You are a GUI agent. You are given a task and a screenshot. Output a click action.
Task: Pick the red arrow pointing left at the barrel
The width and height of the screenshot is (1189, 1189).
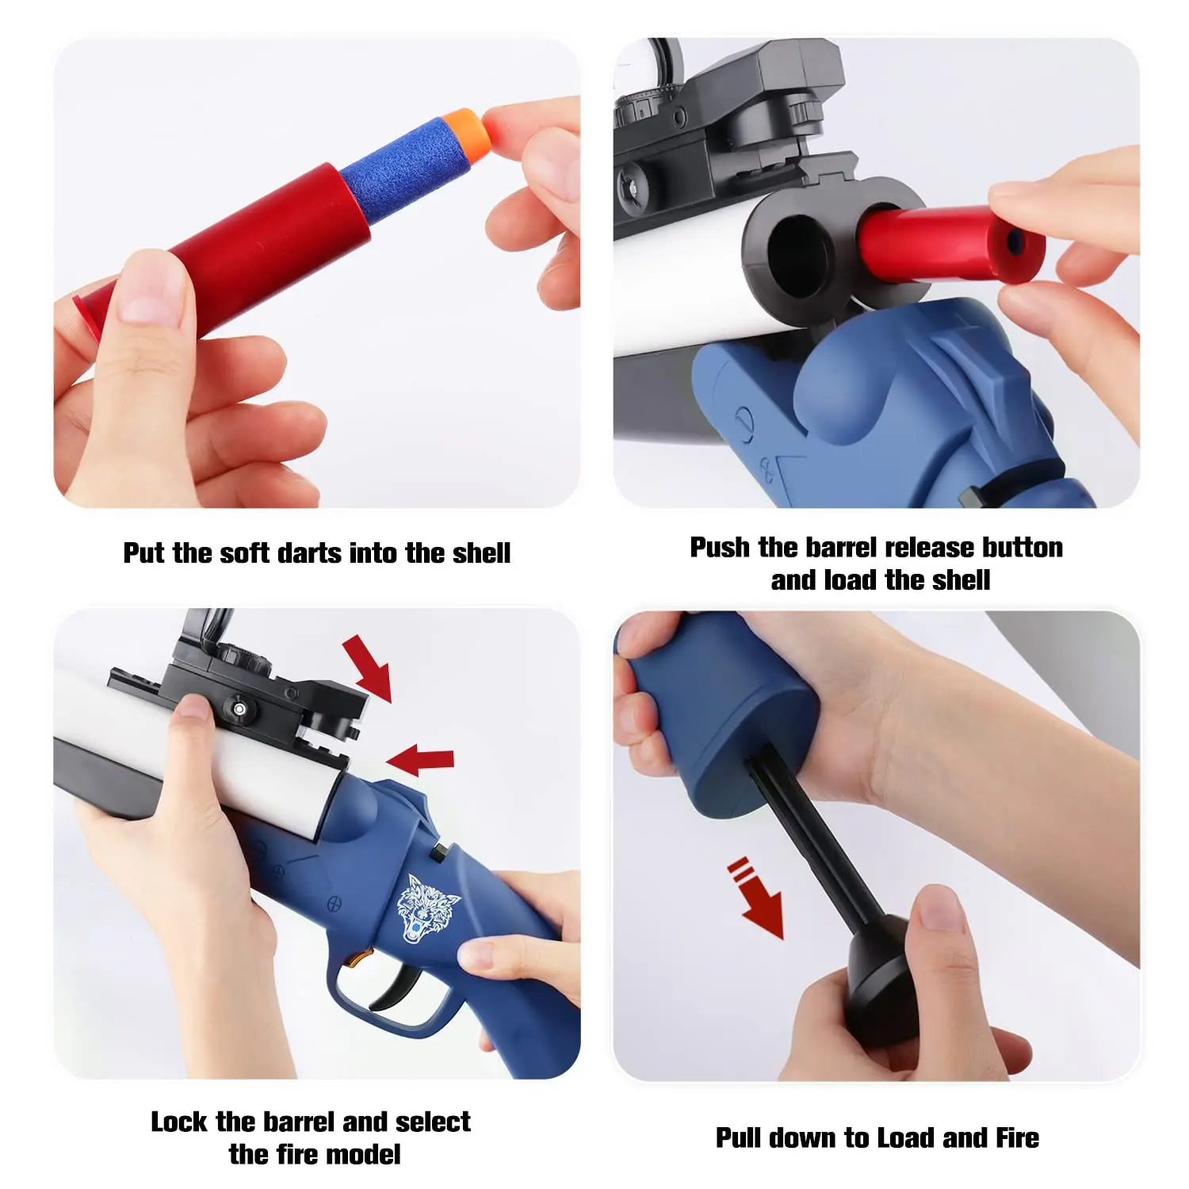click(420, 759)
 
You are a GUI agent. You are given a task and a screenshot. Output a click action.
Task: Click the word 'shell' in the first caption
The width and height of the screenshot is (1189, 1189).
click(480, 552)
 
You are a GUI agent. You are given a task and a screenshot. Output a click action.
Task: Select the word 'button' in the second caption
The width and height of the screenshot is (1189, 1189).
click(1022, 548)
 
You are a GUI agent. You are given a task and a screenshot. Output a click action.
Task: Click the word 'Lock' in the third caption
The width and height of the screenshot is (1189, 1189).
click(180, 1122)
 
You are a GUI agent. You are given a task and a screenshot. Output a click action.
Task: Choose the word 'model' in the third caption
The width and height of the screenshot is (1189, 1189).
click(363, 1154)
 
